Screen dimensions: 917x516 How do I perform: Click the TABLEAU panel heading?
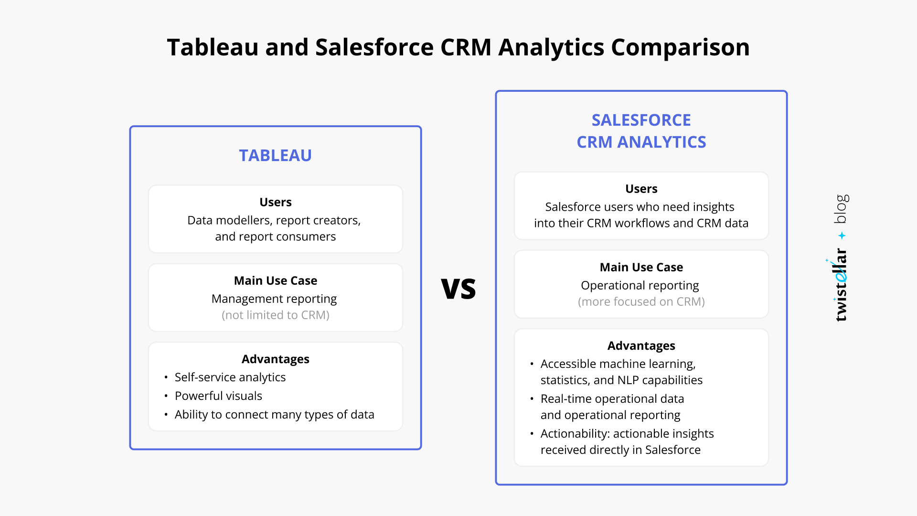click(x=275, y=155)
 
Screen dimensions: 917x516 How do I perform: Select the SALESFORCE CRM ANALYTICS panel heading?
click(x=641, y=131)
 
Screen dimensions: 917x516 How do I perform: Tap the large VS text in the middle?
click(x=458, y=289)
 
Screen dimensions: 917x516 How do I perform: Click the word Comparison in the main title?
click(x=680, y=47)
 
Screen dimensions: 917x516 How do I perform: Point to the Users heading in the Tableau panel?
click(x=276, y=202)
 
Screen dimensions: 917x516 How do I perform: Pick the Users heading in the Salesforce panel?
click(x=641, y=189)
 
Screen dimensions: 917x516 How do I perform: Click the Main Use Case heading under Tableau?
click(x=276, y=280)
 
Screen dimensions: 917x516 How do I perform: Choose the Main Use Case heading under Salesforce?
click(x=641, y=267)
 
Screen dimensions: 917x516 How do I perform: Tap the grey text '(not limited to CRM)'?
click(x=276, y=315)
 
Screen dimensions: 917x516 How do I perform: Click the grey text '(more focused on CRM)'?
click(x=641, y=301)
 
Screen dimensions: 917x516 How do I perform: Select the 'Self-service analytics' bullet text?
click(x=230, y=377)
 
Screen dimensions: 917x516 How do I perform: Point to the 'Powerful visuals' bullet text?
click(x=218, y=396)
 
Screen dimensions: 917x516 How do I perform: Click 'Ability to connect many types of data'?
click(x=275, y=415)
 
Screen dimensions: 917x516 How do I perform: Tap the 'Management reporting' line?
click(x=274, y=299)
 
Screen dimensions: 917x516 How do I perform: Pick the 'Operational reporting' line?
click(x=640, y=285)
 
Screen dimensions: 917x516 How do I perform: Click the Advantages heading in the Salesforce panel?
click(x=641, y=345)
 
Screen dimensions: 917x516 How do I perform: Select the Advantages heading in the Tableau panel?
click(x=276, y=359)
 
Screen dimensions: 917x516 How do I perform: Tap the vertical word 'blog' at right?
click(x=842, y=208)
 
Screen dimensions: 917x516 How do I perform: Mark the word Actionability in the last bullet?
click(x=575, y=434)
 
